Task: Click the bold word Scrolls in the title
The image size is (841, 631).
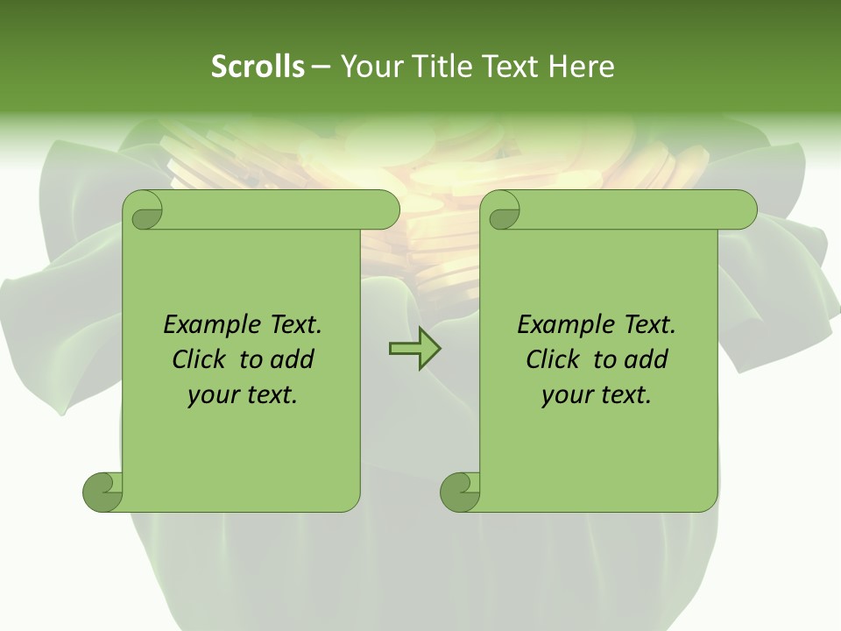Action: click(x=258, y=67)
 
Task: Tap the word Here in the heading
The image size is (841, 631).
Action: click(x=581, y=67)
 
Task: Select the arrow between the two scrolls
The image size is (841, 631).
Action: click(x=414, y=350)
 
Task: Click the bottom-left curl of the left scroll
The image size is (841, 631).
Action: click(x=102, y=492)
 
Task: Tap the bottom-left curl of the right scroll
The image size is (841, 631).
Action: click(x=460, y=492)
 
